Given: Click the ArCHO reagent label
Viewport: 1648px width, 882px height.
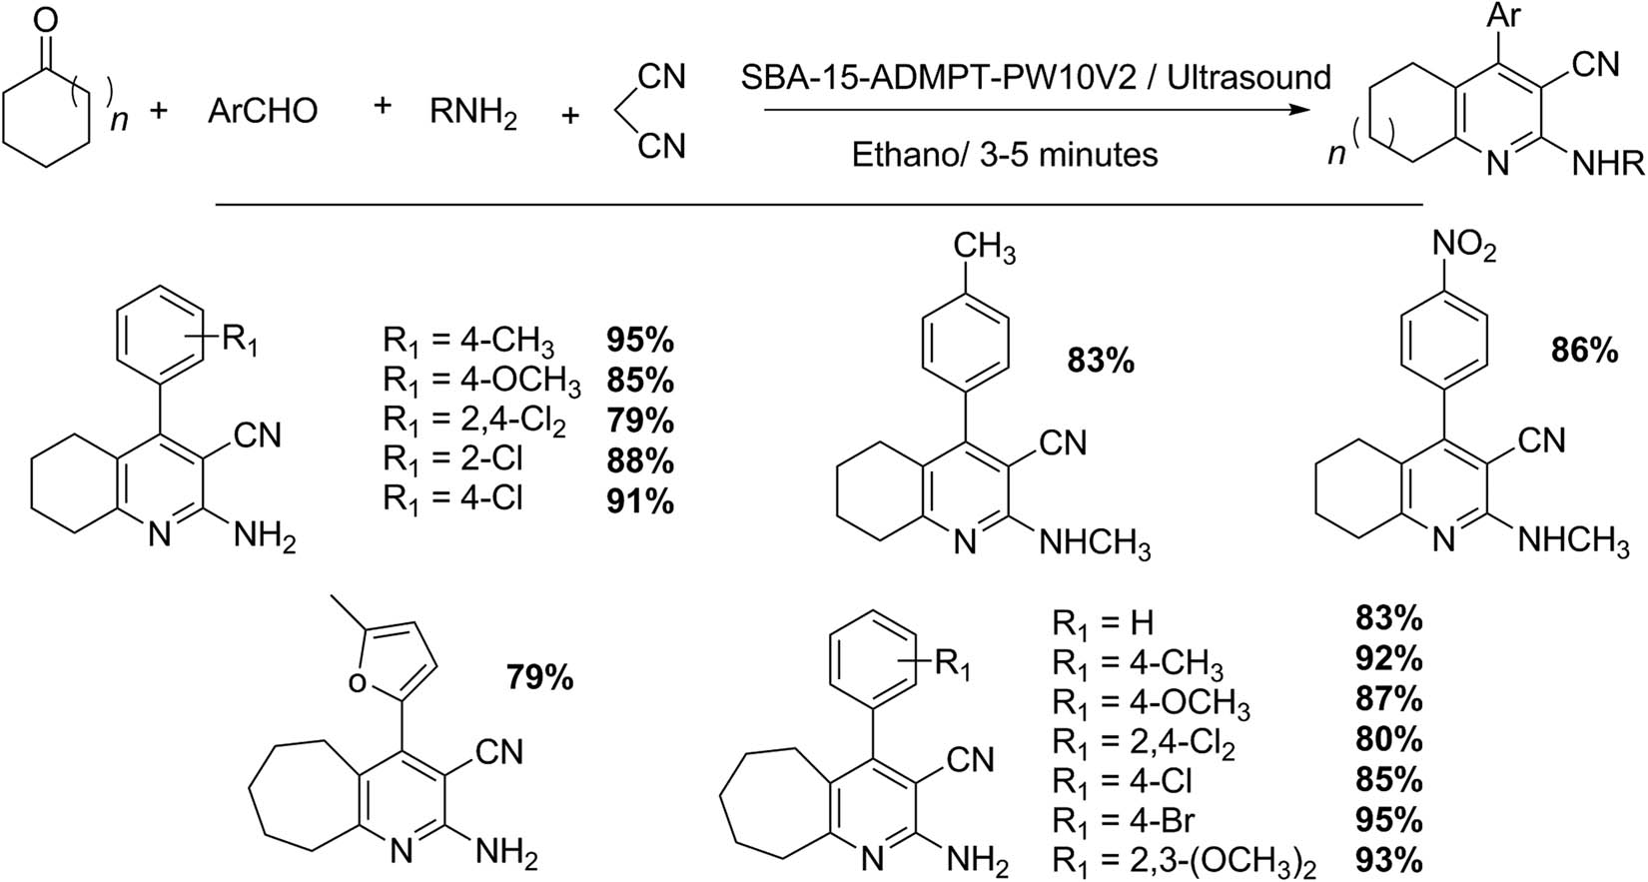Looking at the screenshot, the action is click(x=263, y=111).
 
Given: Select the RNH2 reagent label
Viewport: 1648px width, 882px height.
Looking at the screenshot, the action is click(x=473, y=114).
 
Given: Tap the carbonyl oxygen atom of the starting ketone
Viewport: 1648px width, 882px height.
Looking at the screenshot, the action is click(x=46, y=21).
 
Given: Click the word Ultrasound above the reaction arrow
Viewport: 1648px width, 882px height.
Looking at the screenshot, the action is click(x=1248, y=77).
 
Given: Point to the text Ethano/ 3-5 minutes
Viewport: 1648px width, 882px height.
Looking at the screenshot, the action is click(x=1004, y=155).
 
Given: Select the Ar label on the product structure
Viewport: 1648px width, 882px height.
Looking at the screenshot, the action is click(x=1504, y=16).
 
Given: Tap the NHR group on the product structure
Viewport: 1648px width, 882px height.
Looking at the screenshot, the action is click(x=1608, y=165).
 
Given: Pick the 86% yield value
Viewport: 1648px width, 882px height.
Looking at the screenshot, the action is click(x=1585, y=352).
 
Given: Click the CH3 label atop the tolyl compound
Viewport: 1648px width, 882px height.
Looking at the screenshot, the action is click(x=985, y=248).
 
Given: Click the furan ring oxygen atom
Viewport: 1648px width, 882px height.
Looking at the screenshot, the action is click(x=357, y=683).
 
